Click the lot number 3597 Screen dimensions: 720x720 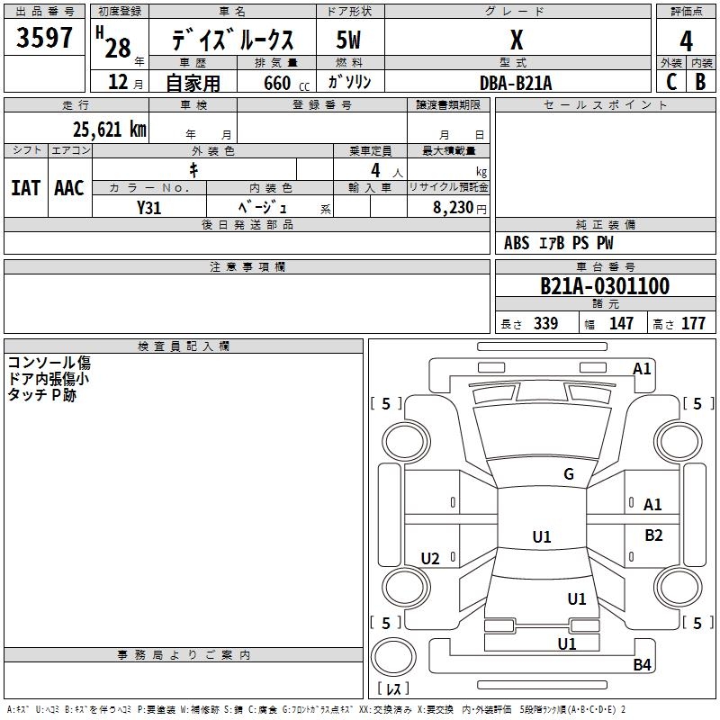point(45,39)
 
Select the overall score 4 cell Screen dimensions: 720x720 point(686,41)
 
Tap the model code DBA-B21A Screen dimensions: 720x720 point(516,83)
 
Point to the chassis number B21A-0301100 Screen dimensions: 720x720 point(604,286)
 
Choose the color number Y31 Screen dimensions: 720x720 point(148,207)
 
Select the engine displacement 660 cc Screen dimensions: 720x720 point(276,83)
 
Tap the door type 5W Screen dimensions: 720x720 point(348,41)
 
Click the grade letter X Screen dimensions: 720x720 point(516,41)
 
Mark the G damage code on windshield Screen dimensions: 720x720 point(568,474)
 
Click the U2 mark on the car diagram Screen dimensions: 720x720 point(430,559)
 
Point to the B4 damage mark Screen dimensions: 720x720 point(642,665)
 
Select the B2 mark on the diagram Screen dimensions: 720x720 point(653,535)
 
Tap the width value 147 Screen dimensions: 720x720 point(621,324)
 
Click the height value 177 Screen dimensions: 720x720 point(693,324)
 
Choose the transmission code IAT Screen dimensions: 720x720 point(25,188)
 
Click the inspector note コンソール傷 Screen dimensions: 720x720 point(49,363)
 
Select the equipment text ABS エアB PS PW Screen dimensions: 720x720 point(557,243)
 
